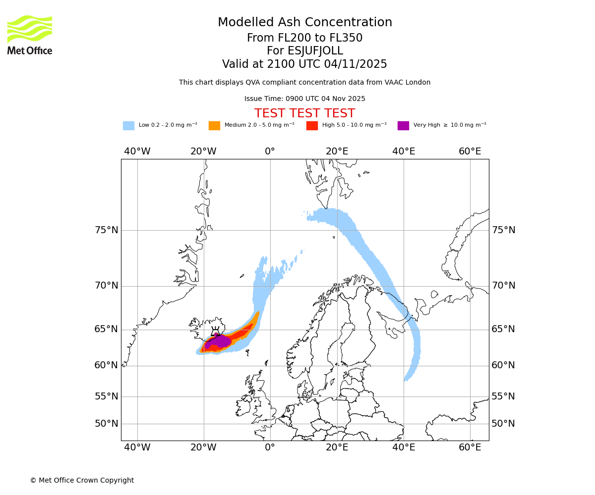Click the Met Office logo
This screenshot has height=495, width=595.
30,35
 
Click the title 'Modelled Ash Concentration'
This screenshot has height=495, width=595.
304,23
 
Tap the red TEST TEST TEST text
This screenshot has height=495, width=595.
304,113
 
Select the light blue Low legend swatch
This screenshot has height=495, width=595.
128,125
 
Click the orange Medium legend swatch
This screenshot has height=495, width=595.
214,125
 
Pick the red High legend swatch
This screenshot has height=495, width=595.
312,125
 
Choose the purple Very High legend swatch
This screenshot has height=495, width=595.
403,125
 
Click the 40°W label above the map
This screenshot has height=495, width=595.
137,151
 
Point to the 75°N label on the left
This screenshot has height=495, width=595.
107,230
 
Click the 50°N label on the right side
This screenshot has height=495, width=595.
503,424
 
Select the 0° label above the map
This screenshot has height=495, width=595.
270,151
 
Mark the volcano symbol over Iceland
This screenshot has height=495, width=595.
216,332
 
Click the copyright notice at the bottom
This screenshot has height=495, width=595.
82,480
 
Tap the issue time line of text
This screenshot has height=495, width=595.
304,99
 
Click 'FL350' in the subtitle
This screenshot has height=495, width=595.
346,38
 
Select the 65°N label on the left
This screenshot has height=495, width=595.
107,329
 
